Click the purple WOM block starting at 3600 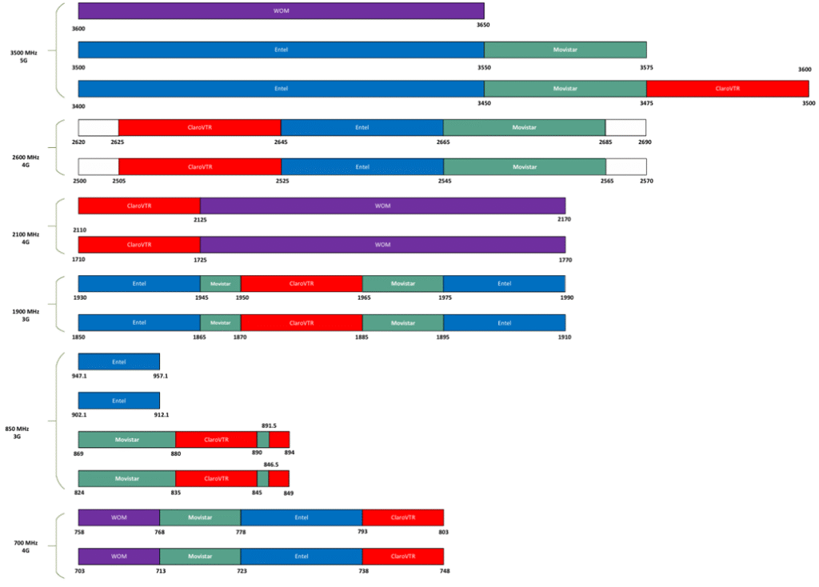[281, 10]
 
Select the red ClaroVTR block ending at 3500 [727, 89]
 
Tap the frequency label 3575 [645, 68]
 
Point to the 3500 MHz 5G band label [24, 56]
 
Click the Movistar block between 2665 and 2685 [524, 128]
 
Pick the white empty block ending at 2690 [625, 128]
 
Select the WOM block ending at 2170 [382, 206]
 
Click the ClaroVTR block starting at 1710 [139, 245]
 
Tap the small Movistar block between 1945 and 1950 [220, 284]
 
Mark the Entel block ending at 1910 [504, 323]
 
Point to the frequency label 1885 [362, 337]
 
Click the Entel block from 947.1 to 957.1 [118, 361]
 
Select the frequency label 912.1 [160, 415]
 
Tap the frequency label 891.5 [269, 425]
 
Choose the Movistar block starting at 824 [126, 478]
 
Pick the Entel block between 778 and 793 [301, 517]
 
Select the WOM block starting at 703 [118, 556]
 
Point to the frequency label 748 [443, 571]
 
